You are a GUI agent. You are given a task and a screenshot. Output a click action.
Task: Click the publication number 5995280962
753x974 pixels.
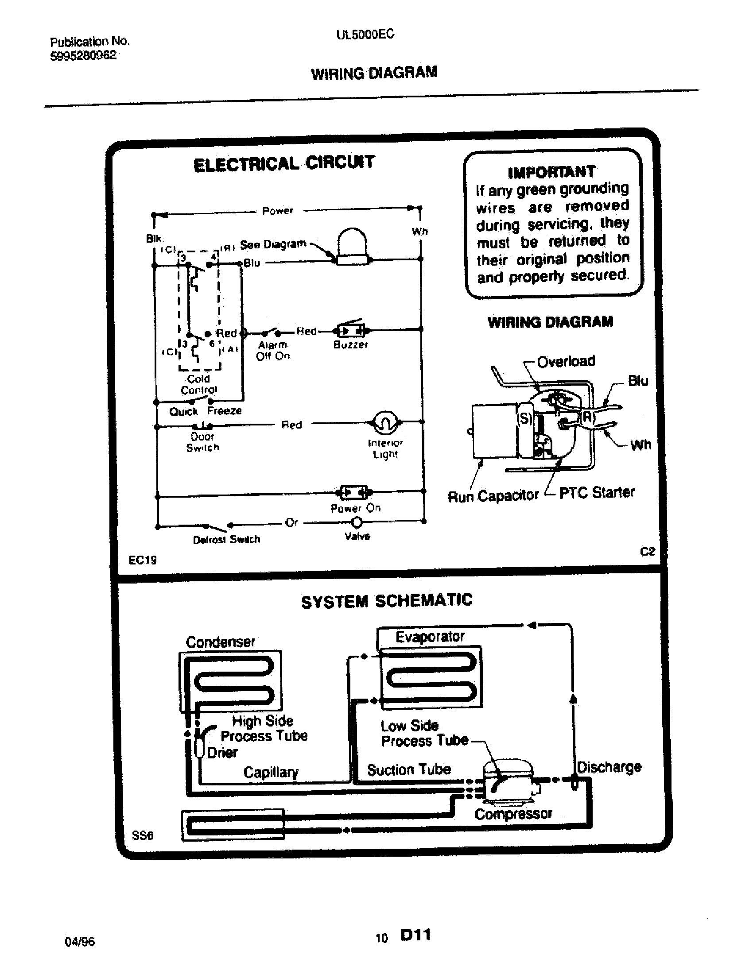pos(83,55)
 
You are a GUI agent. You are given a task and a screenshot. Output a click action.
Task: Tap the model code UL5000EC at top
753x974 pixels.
pos(365,35)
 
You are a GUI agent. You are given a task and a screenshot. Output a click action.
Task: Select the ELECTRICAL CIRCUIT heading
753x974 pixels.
pos(284,164)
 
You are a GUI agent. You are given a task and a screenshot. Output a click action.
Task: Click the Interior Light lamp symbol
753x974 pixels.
pos(385,421)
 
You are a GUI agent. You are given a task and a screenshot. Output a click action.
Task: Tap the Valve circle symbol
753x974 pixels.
pos(357,522)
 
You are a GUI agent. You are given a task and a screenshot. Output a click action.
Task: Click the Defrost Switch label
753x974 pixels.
pos(226,540)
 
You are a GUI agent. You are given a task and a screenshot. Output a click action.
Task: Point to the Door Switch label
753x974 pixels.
pos(202,442)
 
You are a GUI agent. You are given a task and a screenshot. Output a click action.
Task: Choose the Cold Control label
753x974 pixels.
pos(198,384)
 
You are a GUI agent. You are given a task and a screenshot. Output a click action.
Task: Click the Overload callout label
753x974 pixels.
pos(566,361)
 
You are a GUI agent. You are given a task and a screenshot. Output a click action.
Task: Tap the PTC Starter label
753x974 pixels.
pos(597,492)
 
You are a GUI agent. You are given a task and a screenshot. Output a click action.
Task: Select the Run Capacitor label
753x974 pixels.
pos(493,496)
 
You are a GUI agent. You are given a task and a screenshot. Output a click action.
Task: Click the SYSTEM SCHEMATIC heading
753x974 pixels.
pos(386,601)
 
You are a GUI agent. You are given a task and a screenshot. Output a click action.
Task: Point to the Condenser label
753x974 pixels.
pos(221,642)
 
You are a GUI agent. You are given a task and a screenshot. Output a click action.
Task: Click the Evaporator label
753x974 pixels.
pos(430,636)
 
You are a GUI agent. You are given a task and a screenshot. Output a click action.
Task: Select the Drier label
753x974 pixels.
pos(222,752)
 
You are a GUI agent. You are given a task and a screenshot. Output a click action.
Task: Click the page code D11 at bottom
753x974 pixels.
pos(415,934)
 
